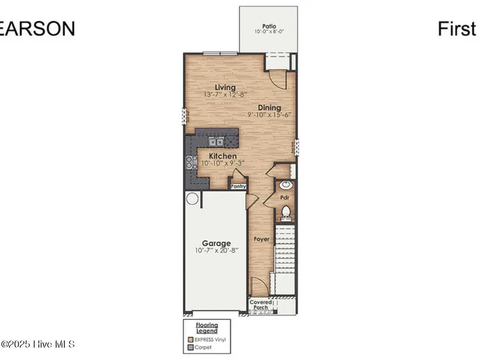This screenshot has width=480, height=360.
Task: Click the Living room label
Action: coord(225,87)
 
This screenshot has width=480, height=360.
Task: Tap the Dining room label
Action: coord(270,108)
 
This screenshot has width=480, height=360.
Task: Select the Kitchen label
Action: coord(222,156)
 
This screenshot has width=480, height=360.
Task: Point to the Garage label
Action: coord(216,243)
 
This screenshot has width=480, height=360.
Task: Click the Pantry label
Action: coord(238,186)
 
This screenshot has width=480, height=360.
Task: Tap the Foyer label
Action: coord(261,239)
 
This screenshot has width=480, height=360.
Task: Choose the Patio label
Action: coord(268,26)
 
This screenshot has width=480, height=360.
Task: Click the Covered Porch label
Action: coord(261,305)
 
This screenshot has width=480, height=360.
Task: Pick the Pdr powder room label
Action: coord(285,197)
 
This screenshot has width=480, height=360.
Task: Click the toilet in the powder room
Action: coord(286,212)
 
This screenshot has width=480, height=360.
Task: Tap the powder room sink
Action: coord(285,186)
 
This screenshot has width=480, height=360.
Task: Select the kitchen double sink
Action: coord(216,141)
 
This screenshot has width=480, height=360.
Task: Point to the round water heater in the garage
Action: coord(192,199)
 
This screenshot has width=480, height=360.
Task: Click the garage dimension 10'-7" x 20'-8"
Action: coord(216,250)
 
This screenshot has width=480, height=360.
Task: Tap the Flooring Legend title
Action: coord(206,328)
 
